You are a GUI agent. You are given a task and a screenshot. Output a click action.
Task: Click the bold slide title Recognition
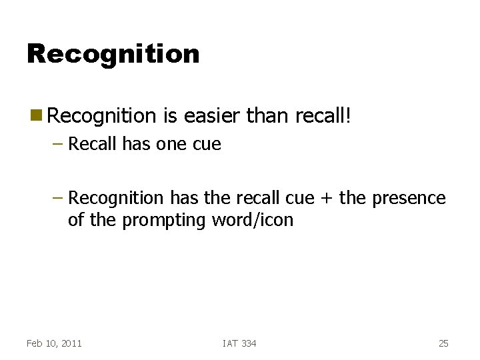pyautogui.click(x=113, y=54)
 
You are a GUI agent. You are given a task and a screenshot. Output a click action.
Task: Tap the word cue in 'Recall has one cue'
pyautogui.click(x=207, y=144)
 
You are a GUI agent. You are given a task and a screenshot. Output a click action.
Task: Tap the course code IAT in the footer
pyautogui.click(x=230, y=343)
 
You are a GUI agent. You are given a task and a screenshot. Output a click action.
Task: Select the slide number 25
pyautogui.click(x=443, y=343)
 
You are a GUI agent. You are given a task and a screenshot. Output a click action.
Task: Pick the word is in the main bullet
pyautogui.click(x=168, y=117)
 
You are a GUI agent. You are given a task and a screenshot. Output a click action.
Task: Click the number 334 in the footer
pyautogui.click(x=249, y=343)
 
